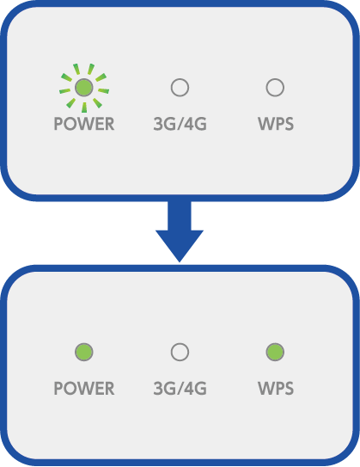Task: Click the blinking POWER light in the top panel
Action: tap(84, 88)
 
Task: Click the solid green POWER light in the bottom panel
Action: tap(84, 352)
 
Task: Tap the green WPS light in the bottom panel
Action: tap(275, 352)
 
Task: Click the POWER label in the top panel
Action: tap(84, 124)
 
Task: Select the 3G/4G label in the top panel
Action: tap(180, 124)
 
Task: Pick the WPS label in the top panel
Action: tap(276, 124)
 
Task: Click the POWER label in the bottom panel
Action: tap(84, 389)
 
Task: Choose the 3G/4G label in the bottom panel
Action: tap(180, 389)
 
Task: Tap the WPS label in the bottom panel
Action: tap(276, 389)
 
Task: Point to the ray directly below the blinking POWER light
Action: tap(84, 108)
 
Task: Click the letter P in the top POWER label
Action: tap(58, 124)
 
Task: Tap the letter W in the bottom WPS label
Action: tap(265, 389)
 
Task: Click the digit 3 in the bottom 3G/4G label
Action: tap(158, 389)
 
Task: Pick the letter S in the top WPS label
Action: tap(289, 124)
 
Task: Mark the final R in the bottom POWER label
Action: tap(110, 389)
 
